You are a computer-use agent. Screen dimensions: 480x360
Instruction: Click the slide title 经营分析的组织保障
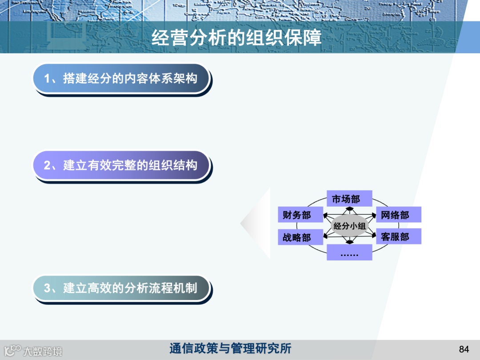[x=236, y=38]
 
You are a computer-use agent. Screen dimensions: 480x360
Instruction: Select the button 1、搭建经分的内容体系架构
[x=121, y=79]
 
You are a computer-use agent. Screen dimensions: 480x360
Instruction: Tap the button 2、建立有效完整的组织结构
[x=121, y=165]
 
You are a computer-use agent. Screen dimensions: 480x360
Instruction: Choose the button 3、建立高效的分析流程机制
[x=121, y=288]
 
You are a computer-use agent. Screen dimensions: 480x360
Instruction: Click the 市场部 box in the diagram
[x=349, y=199]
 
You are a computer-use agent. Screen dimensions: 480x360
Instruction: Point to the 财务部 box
[x=296, y=215]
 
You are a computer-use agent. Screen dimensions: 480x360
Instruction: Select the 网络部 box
[x=398, y=215]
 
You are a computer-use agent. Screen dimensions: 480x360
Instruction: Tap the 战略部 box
[x=296, y=237]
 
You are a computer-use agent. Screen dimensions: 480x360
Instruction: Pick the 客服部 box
[x=398, y=236]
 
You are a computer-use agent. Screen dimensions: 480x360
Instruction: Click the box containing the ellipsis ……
[x=349, y=253]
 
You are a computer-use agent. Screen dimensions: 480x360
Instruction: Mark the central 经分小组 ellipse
[x=349, y=226]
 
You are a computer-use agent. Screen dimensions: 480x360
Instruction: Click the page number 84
[x=464, y=349]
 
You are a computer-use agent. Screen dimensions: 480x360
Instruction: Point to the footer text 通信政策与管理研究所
[x=230, y=348]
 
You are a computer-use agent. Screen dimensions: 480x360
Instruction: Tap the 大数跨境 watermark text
[x=43, y=351]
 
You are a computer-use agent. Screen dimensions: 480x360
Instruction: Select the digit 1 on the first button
[x=47, y=79]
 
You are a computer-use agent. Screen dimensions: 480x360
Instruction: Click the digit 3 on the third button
[x=47, y=288]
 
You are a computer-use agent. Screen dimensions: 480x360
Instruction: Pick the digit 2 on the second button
[x=47, y=166]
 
